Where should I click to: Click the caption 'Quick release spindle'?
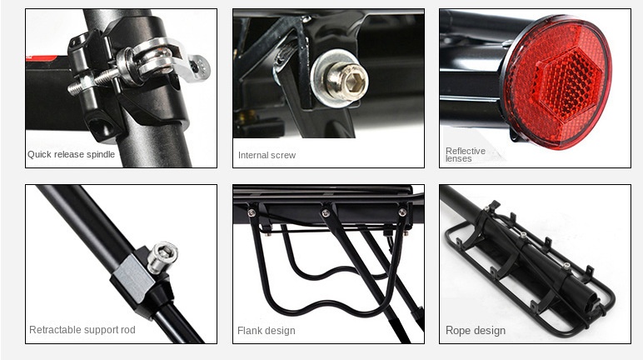[71, 154]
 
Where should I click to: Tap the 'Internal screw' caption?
[267, 155]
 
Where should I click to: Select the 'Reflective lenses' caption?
[466, 155]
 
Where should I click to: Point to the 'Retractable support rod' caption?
[82, 330]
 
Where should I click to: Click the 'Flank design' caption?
[267, 331]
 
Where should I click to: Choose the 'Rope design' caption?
[476, 331]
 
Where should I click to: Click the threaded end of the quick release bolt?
[84, 82]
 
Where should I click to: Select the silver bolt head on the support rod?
[162, 257]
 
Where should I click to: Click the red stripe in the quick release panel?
[41, 58]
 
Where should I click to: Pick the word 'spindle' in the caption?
[102, 154]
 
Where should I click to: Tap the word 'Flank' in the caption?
[249, 331]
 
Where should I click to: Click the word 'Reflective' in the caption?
[466, 151]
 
